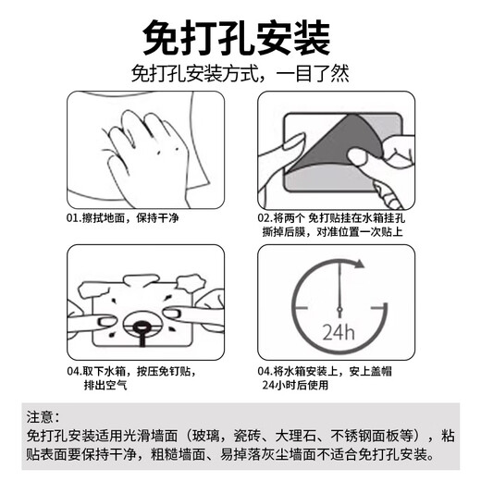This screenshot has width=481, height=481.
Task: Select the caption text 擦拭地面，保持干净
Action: coord(133,218)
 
